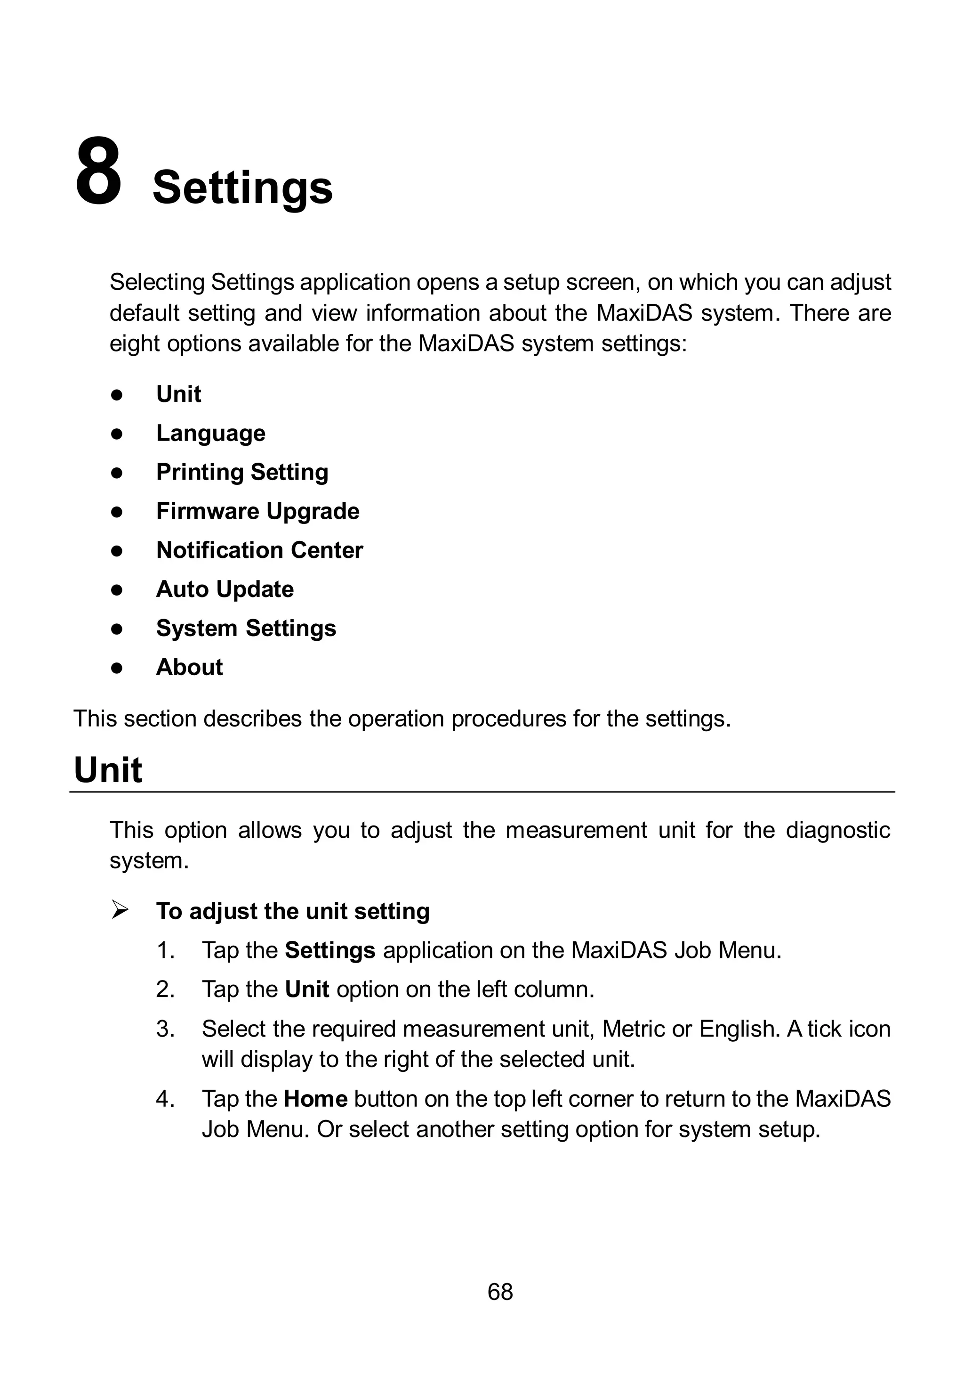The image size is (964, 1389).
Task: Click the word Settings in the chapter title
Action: pyautogui.click(x=242, y=188)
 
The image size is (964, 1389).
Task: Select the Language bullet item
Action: pyautogui.click(x=210, y=433)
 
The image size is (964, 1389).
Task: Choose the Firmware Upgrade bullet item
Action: pyautogui.click(x=257, y=511)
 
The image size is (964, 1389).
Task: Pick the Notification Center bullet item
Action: pyautogui.click(x=259, y=550)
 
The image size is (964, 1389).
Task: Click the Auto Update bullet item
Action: pyautogui.click(x=225, y=589)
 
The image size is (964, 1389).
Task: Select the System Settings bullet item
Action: pyautogui.click(x=246, y=628)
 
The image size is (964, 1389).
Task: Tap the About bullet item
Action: pyautogui.click(x=189, y=667)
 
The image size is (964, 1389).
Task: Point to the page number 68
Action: pyautogui.click(x=500, y=1291)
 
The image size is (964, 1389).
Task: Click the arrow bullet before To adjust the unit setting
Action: pyautogui.click(x=120, y=910)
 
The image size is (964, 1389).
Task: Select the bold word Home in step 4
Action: pyautogui.click(x=315, y=1098)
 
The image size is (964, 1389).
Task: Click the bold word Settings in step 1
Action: pyautogui.click(x=330, y=950)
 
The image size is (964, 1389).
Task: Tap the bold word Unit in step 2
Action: pyautogui.click(x=307, y=989)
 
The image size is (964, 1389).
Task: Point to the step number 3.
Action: pyautogui.click(x=164, y=1029)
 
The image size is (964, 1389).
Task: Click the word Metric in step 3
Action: pyautogui.click(x=634, y=1029)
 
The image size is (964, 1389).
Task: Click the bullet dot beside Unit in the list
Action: pyautogui.click(x=117, y=395)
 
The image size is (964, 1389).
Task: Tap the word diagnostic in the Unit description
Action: pyautogui.click(x=837, y=831)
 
